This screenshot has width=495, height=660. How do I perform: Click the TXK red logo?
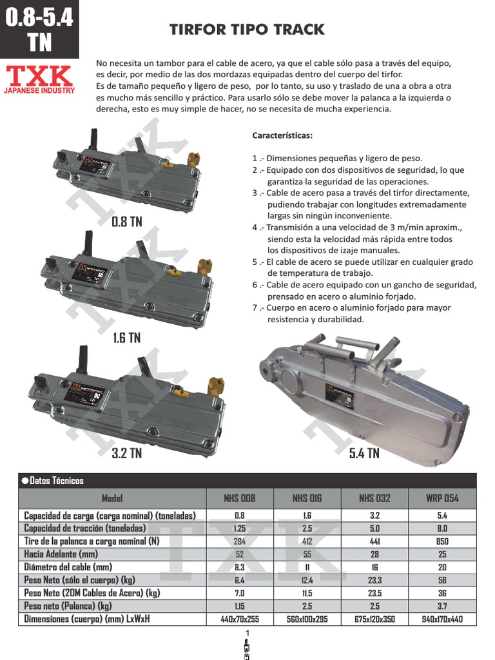(39, 77)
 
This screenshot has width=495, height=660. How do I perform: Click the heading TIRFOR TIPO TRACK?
(247, 30)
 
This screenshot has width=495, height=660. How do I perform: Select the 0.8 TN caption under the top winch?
(126, 222)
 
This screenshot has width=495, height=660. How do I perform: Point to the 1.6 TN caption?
(126, 338)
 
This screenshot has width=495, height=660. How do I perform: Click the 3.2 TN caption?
(126, 454)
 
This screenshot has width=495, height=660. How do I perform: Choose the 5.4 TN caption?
(364, 454)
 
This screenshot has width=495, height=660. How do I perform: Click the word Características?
(282, 136)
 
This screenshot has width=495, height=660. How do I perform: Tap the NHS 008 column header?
(239, 498)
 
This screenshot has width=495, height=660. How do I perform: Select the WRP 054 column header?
(442, 498)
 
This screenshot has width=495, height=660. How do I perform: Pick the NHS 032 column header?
(374, 498)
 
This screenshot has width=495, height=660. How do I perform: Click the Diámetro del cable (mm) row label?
(68, 567)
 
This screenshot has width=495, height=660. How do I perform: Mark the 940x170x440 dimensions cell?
(442, 619)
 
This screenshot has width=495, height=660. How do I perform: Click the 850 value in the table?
(442, 541)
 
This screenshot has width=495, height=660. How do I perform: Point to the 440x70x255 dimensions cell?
(239, 619)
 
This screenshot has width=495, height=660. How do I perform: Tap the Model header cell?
(112, 498)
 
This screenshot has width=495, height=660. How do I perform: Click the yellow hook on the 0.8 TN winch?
(192, 159)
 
